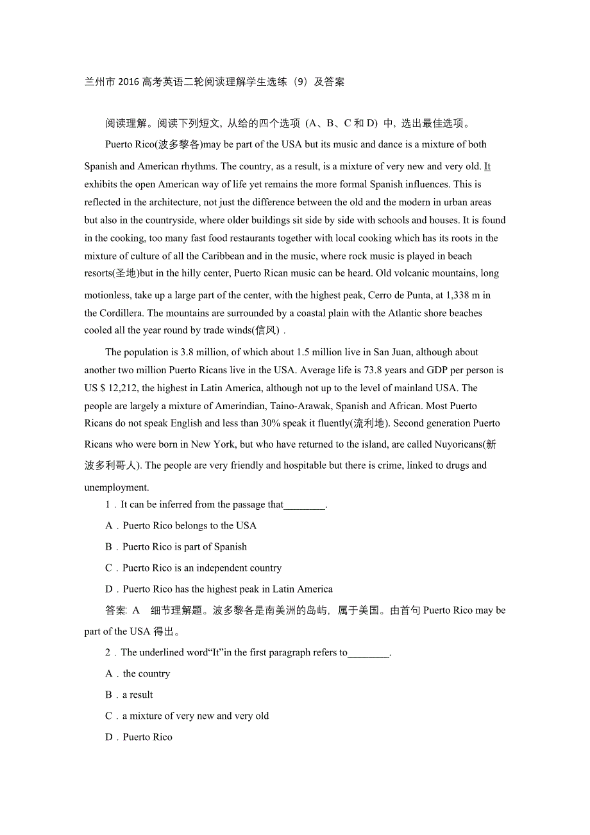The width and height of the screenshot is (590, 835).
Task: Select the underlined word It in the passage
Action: (487, 167)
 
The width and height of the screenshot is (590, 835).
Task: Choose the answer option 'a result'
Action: (138, 695)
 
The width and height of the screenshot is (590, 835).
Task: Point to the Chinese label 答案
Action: (116, 611)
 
